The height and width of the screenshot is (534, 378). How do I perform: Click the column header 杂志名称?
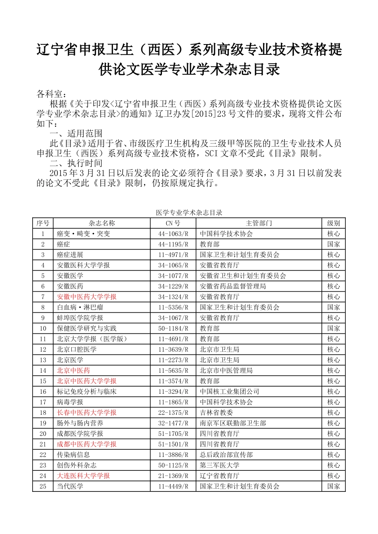point(101,223)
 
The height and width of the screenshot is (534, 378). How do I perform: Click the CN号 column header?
point(173,223)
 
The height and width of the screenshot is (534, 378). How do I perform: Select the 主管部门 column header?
point(259,223)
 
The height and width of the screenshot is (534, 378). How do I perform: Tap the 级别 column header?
point(333,223)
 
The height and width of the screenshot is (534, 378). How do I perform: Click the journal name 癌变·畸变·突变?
point(83,234)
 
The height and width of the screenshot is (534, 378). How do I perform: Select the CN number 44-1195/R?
point(173,244)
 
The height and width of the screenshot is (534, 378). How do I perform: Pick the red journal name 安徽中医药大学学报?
point(87,297)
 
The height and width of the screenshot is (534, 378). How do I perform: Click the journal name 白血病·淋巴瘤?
point(80,308)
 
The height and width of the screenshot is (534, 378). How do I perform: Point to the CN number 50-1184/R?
point(173,329)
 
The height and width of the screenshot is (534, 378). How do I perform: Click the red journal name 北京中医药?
point(73,371)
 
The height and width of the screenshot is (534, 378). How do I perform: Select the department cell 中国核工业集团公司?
point(229,392)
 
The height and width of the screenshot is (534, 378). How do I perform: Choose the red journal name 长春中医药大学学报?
point(87,413)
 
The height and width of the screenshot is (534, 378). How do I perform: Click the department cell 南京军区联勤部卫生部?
point(233,423)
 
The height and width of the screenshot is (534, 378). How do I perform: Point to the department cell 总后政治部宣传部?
point(226,455)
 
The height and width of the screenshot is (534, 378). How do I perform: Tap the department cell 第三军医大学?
point(219,465)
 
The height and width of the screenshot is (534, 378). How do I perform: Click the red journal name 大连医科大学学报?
point(83,476)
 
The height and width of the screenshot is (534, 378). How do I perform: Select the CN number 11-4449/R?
point(173,486)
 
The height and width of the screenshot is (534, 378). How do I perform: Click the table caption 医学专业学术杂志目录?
point(189,213)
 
